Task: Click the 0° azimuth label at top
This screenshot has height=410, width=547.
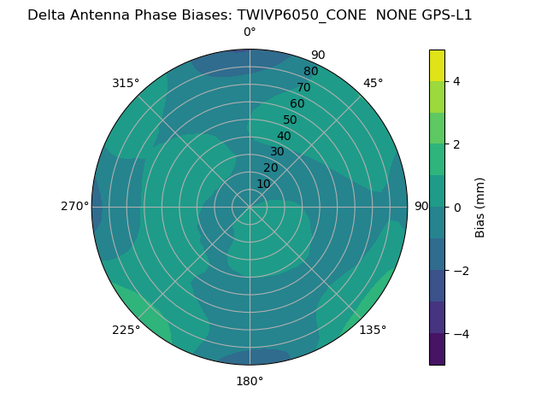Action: pos(250,32)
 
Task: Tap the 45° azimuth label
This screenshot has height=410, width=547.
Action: pos(373,83)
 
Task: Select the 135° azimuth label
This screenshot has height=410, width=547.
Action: pos(373,330)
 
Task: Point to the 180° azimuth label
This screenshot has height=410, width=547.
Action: pos(250,381)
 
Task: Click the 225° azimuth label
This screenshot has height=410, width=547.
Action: pos(126,330)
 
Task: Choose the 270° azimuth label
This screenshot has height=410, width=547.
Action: pos(74,206)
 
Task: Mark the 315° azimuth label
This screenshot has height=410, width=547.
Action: pos(126,83)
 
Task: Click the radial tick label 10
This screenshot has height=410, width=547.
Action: pos(263,184)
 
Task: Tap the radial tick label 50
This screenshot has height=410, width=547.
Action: pos(291,120)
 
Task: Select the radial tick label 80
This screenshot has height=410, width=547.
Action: pos(310,72)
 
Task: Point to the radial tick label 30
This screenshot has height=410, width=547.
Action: pos(277,152)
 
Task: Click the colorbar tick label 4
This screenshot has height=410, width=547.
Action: pos(456,81)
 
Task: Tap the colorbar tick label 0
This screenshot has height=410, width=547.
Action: pos(456,208)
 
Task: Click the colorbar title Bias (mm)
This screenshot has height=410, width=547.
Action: pos(480,208)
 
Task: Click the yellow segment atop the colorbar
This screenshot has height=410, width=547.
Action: pos(437,65)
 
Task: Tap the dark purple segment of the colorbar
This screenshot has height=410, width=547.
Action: pos(437,349)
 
